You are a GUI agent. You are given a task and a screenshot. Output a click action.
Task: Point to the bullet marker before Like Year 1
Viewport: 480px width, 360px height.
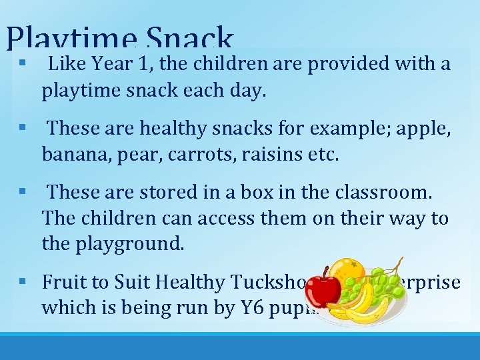pos(23,65)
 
